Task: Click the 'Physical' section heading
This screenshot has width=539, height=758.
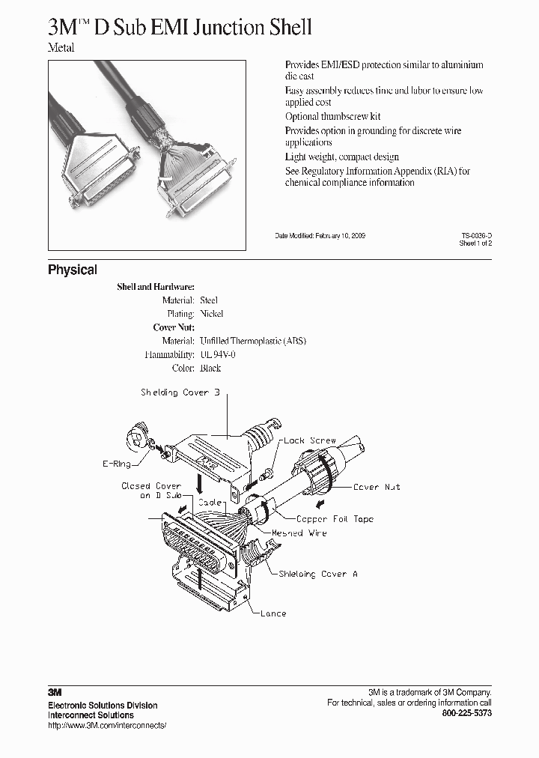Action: click(x=73, y=270)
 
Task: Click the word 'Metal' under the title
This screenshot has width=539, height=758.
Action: click(x=61, y=48)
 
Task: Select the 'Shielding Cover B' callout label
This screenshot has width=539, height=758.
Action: click(x=180, y=392)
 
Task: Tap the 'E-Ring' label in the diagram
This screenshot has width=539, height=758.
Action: click(x=116, y=464)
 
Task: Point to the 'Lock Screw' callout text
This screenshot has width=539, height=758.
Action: click(x=310, y=440)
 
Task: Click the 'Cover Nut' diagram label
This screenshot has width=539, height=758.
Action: click(x=377, y=487)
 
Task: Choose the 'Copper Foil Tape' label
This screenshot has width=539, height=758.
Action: click(x=335, y=518)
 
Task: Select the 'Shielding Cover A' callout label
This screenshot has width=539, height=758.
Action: click(x=318, y=574)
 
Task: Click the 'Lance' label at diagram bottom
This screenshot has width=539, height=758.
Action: click(x=272, y=613)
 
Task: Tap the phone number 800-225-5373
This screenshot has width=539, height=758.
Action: click(x=467, y=714)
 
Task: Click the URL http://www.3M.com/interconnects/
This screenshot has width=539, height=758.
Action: click(x=106, y=726)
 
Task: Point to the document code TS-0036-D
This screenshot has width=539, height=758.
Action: click(x=476, y=235)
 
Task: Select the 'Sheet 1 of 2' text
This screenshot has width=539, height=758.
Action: click(x=475, y=243)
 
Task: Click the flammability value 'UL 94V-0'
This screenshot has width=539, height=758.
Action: click(x=221, y=354)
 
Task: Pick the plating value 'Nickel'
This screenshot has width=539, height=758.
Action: click(x=212, y=314)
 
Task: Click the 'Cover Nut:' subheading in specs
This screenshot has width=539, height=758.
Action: click(x=174, y=327)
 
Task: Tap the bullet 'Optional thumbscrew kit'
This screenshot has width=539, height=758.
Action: click(x=332, y=117)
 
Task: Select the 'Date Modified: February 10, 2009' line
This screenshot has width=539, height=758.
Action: click(x=320, y=235)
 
